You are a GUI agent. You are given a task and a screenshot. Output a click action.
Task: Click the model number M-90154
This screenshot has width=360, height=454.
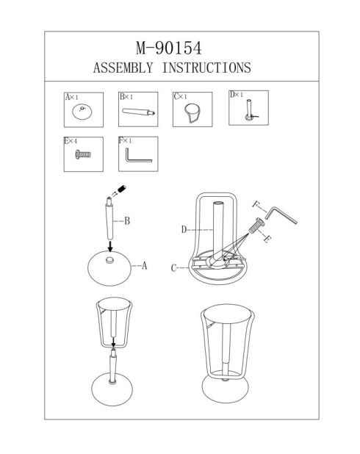pyautogui.click(x=169, y=48)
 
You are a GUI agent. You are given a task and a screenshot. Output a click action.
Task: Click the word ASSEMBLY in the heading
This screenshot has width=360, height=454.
pyautogui.click(x=123, y=68)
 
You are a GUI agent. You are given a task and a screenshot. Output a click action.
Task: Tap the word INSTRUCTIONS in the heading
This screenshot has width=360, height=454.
pyautogui.click(x=206, y=68)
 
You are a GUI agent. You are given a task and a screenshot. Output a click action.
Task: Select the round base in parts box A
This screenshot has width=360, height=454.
pyautogui.click(x=82, y=112)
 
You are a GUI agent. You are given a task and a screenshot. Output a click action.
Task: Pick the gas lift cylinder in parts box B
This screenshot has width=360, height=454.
pyautogui.click(x=138, y=112)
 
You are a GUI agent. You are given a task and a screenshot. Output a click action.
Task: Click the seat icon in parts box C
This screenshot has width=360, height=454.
pyautogui.click(x=192, y=112)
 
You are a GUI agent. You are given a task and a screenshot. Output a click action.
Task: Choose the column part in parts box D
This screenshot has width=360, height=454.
pyautogui.click(x=250, y=109)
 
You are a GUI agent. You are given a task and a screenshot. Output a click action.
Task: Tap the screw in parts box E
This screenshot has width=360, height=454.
pyautogui.click(x=83, y=154)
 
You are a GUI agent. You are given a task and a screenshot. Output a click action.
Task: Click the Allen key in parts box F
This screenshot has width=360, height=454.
pyautogui.click(x=138, y=155)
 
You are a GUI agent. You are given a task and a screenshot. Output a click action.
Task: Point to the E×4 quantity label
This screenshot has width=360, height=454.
pyautogui.click(x=71, y=141)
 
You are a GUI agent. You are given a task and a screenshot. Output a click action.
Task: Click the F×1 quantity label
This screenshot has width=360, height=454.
pyautogui.click(x=125, y=141)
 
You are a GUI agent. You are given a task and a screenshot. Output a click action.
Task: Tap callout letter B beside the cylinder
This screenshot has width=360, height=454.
pyautogui.click(x=127, y=221)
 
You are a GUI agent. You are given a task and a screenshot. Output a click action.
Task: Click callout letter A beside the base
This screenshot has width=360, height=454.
pyautogui.click(x=144, y=265)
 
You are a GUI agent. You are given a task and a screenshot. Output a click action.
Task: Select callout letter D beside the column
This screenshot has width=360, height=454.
pyautogui.click(x=184, y=230)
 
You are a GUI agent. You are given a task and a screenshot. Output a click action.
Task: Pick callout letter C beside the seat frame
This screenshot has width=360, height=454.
pyautogui.click(x=173, y=268)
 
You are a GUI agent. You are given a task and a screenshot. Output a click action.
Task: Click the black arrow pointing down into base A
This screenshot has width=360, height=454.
pyautogui.click(x=109, y=246)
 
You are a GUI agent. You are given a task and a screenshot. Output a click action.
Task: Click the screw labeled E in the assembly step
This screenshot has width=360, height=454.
pyautogui.click(x=256, y=226)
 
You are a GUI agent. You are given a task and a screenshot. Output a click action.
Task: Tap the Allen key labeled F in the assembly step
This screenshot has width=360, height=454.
pyautogui.click(x=281, y=215)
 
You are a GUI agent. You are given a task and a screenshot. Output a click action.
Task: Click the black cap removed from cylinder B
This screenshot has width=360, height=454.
pyautogui.click(x=122, y=189)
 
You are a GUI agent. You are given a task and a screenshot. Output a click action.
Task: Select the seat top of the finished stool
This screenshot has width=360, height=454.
pyautogui.click(x=226, y=314)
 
